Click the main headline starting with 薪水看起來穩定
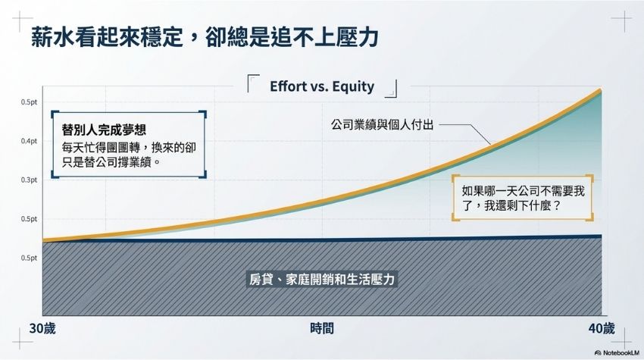click(x=205, y=37)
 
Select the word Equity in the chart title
click(x=353, y=86)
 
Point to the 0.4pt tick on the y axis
click(x=29, y=141)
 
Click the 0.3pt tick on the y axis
click(x=29, y=180)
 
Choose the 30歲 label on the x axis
click(x=42, y=329)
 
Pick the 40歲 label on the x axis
click(x=602, y=329)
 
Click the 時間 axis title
click(x=322, y=329)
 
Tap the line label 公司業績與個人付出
click(x=383, y=124)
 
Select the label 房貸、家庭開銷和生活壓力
click(x=321, y=280)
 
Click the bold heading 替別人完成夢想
click(x=104, y=130)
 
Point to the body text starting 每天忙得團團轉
click(x=129, y=155)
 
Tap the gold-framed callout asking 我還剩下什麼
click(x=523, y=198)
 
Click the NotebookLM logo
click(x=617, y=352)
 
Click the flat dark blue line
click(x=322, y=239)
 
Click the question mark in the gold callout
click(x=557, y=205)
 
